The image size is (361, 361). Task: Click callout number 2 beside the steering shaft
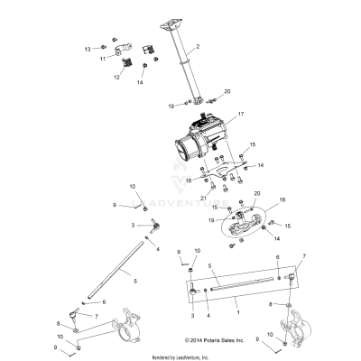[198, 45]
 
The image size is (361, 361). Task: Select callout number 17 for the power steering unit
[216, 114]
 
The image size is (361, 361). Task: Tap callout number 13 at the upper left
[88, 47]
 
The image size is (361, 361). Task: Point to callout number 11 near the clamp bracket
[104, 58]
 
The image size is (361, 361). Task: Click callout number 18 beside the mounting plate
[188, 180]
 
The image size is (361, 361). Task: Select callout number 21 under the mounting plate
[204, 198]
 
